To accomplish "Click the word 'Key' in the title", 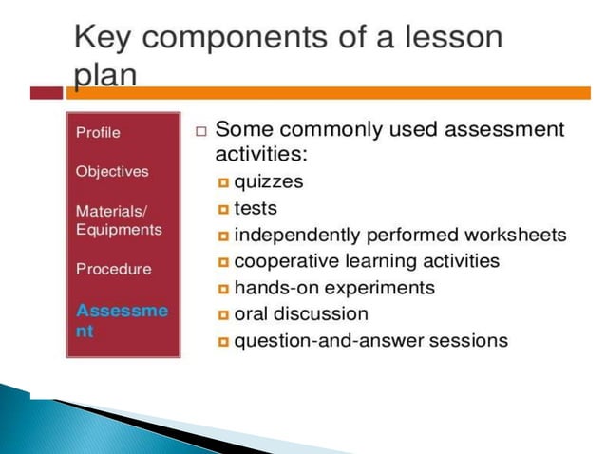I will pyautogui.click(x=104, y=39).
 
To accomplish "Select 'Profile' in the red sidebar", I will pyautogui.click(x=98, y=132).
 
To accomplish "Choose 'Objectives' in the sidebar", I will pyautogui.click(x=112, y=171).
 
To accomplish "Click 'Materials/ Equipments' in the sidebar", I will pyautogui.click(x=119, y=219).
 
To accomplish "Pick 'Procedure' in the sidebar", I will pyautogui.click(x=113, y=269).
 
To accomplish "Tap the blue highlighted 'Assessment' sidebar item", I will pyautogui.click(x=121, y=320).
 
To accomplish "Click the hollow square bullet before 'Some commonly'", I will pyautogui.click(x=200, y=130).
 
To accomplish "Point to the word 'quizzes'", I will pyautogui.click(x=269, y=181).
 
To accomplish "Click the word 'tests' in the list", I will pyautogui.click(x=256, y=207).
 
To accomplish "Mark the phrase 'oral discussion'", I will pyautogui.click(x=301, y=312).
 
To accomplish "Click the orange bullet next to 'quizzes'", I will pyautogui.click(x=223, y=182).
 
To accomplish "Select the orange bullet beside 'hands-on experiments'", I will pyautogui.click(x=223, y=288).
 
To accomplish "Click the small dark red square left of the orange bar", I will pyautogui.click(x=47, y=92).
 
